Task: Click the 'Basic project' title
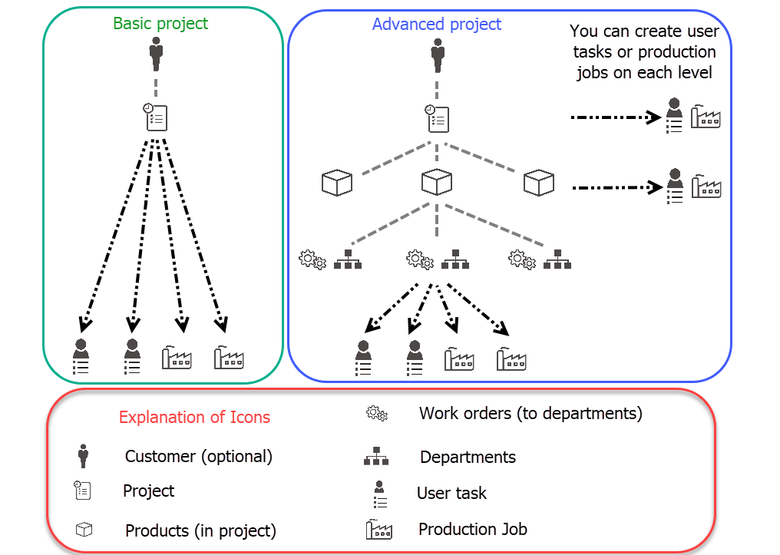pyautogui.click(x=160, y=24)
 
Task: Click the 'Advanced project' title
pyautogui.click(x=437, y=25)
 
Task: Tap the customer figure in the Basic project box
pyautogui.click(x=156, y=54)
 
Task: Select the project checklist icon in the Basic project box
pyautogui.click(x=155, y=117)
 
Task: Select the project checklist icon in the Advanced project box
pyautogui.click(x=437, y=119)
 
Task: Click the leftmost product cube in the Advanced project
pyautogui.click(x=337, y=183)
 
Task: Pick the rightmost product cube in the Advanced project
pyautogui.click(x=539, y=183)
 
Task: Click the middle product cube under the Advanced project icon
pyautogui.click(x=436, y=182)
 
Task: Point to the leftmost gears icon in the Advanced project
pyautogui.click(x=312, y=259)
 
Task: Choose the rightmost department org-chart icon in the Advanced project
pyautogui.click(x=557, y=259)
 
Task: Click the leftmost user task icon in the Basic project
pyautogui.click(x=81, y=357)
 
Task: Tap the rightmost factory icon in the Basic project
pyautogui.click(x=229, y=358)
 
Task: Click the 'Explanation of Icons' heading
pyautogui.click(x=194, y=418)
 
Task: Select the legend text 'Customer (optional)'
pyautogui.click(x=199, y=457)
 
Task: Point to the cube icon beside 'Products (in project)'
pyautogui.click(x=84, y=530)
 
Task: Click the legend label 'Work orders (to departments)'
pyautogui.click(x=530, y=414)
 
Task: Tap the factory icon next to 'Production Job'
pyautogui.click(x=379, y=530)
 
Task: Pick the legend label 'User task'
pyautogui.click(x=451, y=494)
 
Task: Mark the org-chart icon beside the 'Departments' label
pyautogui.click(x=376, y=456)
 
